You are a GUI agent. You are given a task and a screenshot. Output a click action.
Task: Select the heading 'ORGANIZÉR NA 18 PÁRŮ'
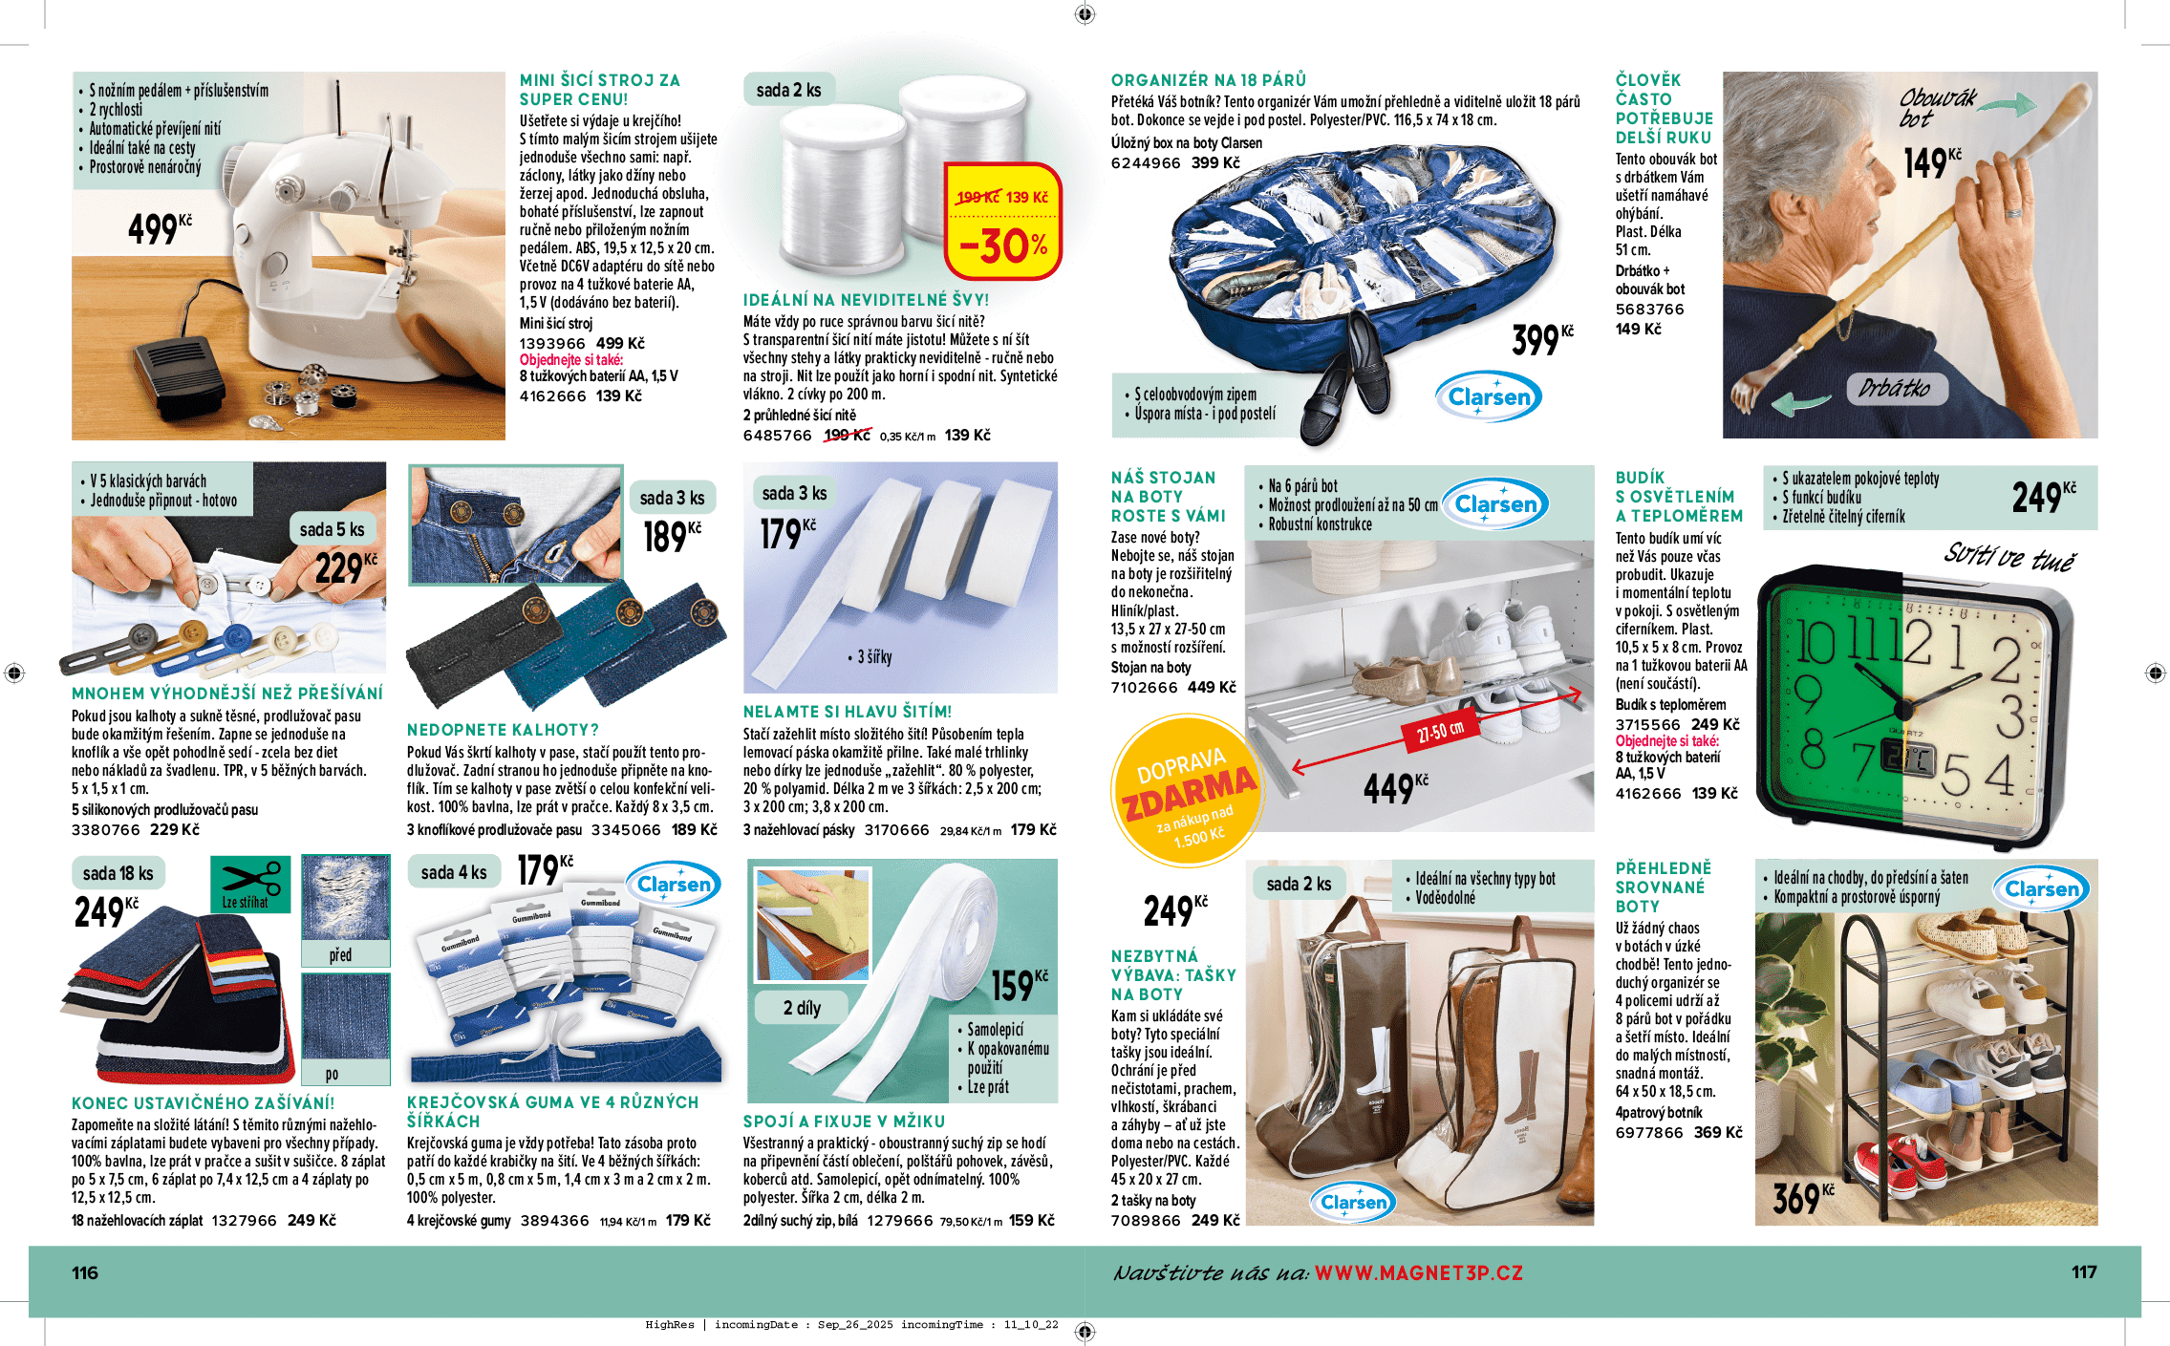click(1208, 80)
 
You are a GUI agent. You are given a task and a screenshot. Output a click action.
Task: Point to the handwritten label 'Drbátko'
click(1894, 388)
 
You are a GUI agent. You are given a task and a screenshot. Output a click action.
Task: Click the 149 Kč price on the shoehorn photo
click(1931, 162)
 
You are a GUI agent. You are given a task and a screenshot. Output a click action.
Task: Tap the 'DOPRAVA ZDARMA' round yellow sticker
click(1188, 791)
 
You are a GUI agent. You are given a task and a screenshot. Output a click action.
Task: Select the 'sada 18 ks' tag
click(118, 873)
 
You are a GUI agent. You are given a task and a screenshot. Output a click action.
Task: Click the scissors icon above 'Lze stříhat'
click(250, 877)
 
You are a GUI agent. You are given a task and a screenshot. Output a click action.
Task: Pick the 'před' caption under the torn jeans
click(340, 954)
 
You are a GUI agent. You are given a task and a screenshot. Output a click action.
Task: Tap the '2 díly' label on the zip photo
click(802, 1008)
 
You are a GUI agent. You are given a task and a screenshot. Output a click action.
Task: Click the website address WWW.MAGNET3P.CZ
click(1418, 1272)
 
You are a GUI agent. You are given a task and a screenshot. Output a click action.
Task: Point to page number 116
click(85, 1272)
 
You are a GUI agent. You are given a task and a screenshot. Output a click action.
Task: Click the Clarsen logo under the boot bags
click(1353, 1202)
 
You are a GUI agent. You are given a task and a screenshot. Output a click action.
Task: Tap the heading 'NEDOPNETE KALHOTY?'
click(503, 730)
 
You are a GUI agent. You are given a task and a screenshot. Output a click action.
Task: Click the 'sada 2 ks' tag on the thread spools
click(788, 90)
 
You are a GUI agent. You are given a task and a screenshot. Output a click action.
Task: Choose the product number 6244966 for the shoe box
click(1145, 162)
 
